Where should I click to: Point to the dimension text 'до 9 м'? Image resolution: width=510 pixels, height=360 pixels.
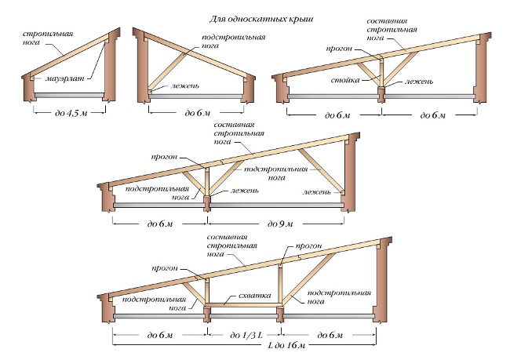pos(279,225)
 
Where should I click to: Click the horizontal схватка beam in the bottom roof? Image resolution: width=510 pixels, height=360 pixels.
pos(244,305)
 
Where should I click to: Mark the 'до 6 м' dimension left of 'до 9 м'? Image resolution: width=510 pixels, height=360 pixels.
pos(160,225)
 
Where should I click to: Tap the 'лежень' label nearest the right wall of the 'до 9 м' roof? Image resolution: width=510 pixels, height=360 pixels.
pos(317,191)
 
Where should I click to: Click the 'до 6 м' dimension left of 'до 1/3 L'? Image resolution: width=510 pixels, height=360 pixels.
pos(160,336)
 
